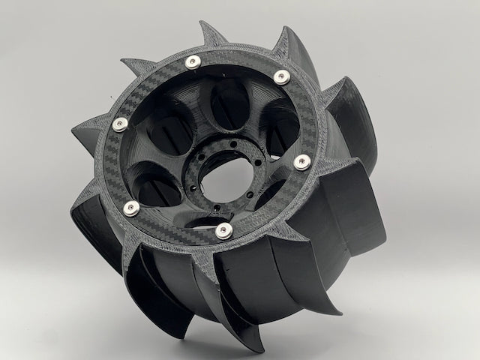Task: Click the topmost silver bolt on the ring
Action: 194,62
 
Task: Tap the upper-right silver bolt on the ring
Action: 281,76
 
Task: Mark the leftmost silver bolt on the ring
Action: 120,125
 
